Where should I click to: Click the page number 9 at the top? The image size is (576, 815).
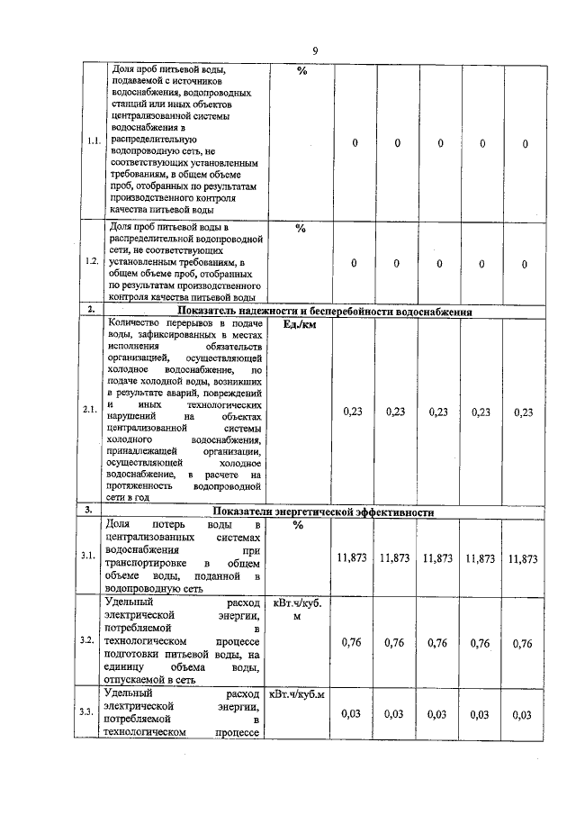(x=314, y=50)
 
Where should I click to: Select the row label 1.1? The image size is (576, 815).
(x=92, y=142)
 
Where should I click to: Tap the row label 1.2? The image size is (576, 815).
(x=92, y=261)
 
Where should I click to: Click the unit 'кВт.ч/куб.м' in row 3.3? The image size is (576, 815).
(x=298, y=694)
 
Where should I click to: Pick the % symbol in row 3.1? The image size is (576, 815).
(x=299, y=525)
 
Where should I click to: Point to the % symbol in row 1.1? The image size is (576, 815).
(x=301, y=71)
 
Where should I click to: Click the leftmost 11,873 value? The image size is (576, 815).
(x=351, y=558)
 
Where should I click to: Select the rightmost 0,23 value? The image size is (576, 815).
(x=524, y=412)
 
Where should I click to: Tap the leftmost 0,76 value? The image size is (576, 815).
(x=353, y=643)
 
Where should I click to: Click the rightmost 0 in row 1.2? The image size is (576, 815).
(x=525, y=262)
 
